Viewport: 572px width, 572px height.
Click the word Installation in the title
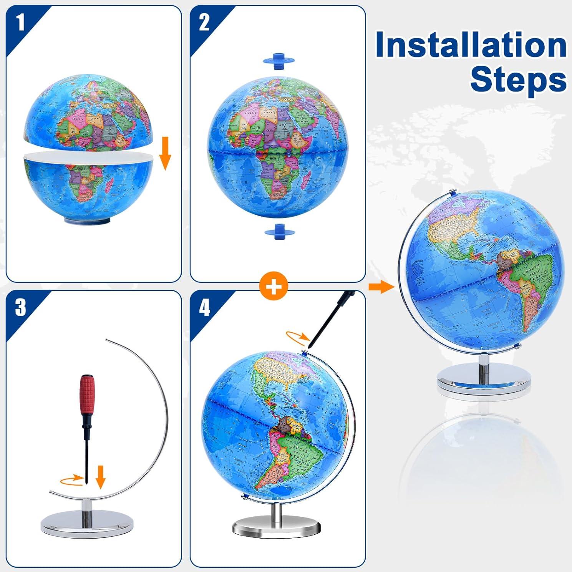tap(471, 45)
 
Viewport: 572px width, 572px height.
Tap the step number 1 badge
tap(20, 22)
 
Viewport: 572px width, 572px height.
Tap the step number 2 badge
tap(204, 22)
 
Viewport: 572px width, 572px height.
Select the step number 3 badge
tap(20, 307)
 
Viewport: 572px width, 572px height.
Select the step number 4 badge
tap(204, 307)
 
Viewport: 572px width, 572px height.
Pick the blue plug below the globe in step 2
tap(279, 231)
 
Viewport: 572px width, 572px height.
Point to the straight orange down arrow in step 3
tap(101, 476)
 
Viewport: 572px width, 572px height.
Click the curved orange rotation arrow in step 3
tap(72, 479)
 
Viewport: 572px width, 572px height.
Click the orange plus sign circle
tap(274, 286)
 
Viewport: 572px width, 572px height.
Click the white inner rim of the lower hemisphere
tap(88, 158)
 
